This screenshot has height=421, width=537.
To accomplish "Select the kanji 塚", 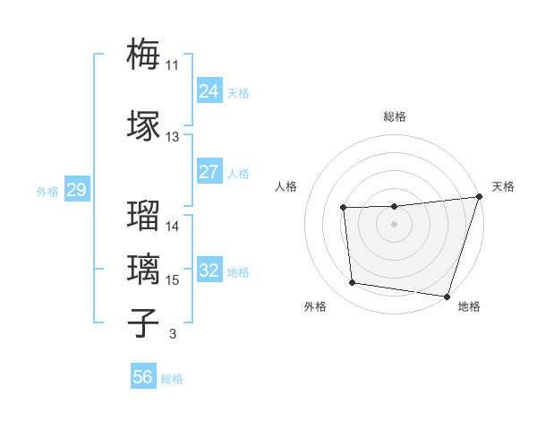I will coord(144,125).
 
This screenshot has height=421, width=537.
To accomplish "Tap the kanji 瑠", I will coord(144,214).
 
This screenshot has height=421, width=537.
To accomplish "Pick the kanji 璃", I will coord(144,268).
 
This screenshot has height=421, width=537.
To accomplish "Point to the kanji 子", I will coord(144,322).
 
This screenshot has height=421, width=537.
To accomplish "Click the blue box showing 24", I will coord(209,90).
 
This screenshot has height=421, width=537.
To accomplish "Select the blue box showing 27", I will coord(209,172).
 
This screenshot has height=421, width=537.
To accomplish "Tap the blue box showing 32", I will coord(209,271).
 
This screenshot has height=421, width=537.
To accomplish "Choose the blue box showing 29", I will coord(76,190).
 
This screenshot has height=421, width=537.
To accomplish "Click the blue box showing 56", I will coord(143,377).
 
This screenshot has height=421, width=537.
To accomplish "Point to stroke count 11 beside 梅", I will coord(172,64).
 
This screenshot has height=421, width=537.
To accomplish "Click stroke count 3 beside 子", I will coord(172,335).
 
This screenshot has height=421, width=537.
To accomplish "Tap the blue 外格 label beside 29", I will coord(47,191).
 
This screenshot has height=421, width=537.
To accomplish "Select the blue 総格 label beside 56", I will coord(172,379).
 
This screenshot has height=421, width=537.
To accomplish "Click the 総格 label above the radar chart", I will coord(395,116).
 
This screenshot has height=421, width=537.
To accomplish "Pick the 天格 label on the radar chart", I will coord(503,186).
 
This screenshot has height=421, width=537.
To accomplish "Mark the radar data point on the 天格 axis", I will coord(479,197).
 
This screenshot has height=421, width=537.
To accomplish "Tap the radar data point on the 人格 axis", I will coord(343,208).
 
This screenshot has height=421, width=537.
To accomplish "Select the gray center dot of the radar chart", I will coord(394,225).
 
